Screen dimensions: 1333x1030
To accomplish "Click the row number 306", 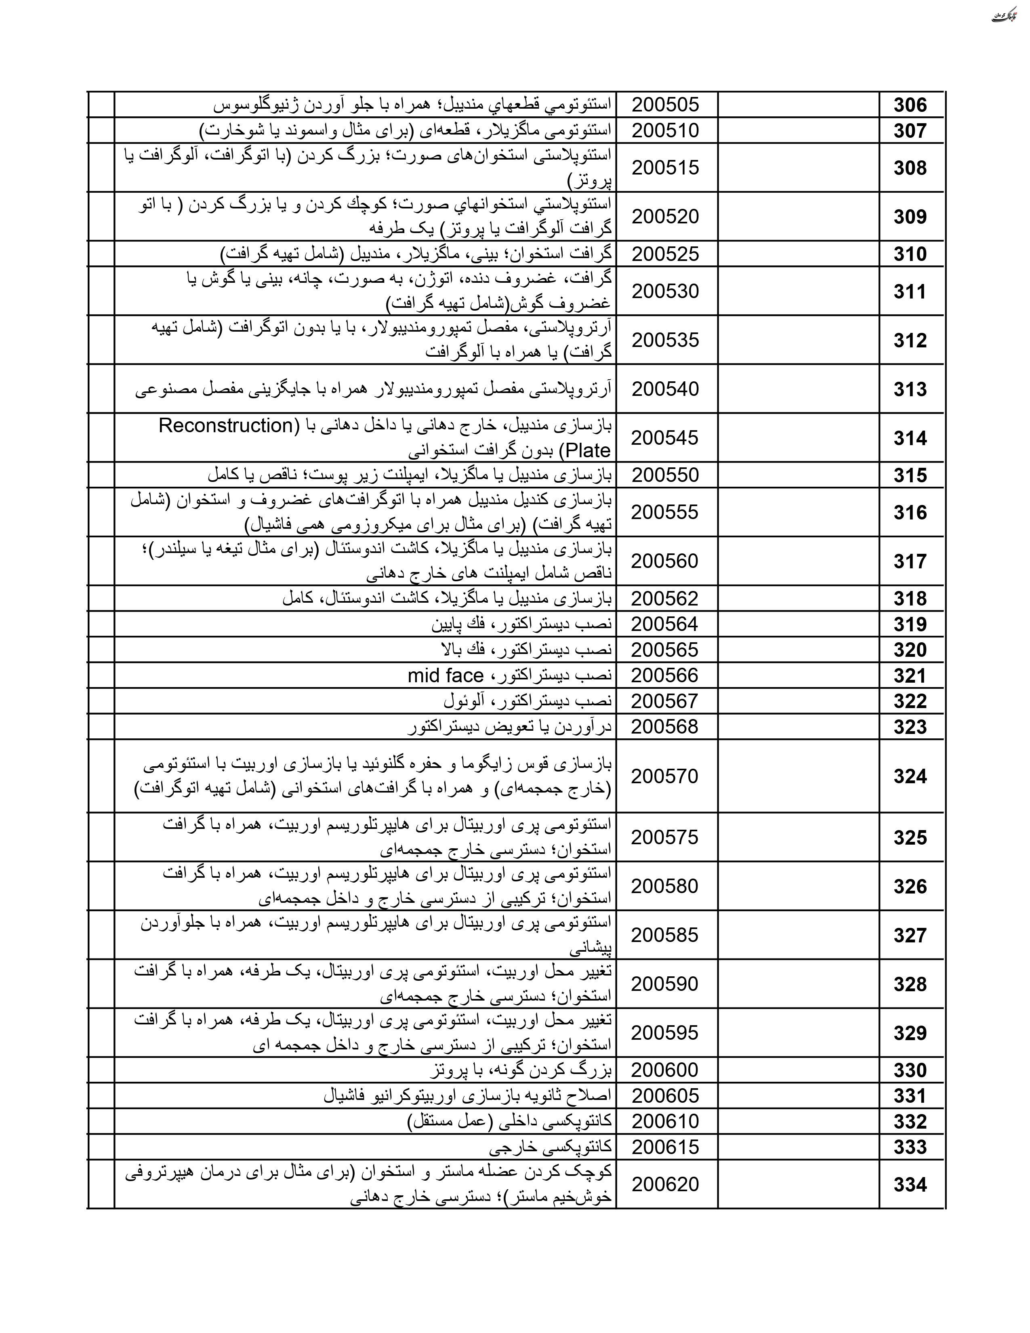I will click(910, 105).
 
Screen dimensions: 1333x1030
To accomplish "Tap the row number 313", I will click(910, 389).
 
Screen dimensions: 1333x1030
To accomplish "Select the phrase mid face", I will click(446, 676).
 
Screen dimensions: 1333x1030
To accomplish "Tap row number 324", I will click(910, 776).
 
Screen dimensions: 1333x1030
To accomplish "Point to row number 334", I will click(910, 1185).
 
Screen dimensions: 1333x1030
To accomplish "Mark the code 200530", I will click(665, 291).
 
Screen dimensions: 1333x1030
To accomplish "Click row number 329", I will click(910, 1033).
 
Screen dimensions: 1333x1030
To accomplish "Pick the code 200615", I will click(665, 1147).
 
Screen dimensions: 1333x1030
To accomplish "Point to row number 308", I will click(910, 168).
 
